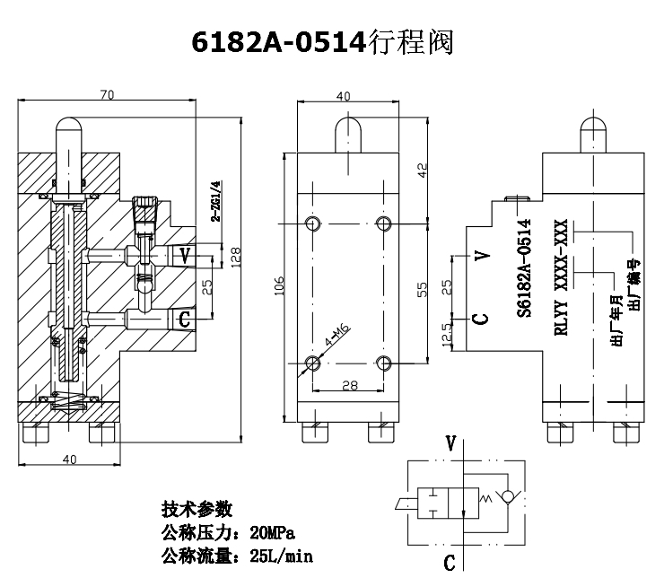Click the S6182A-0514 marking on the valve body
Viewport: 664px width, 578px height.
526,268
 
